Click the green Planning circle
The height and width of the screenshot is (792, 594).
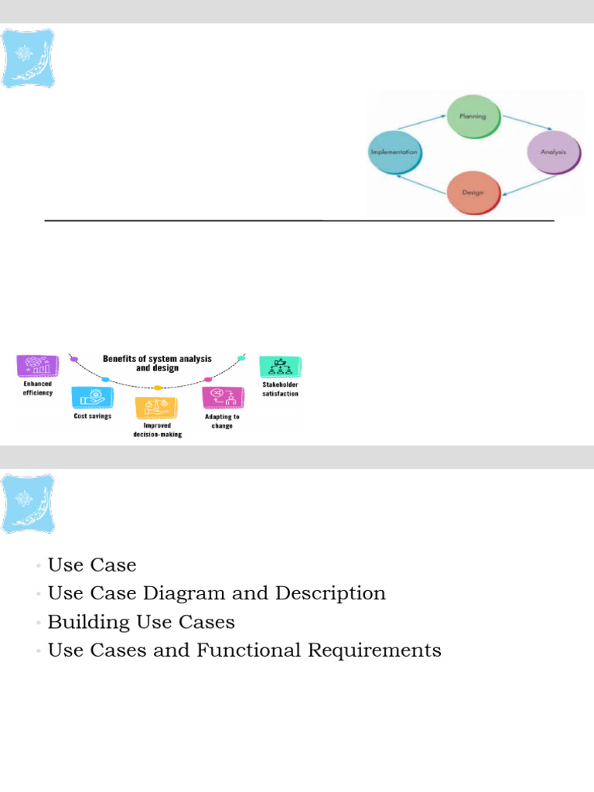pos(473,117)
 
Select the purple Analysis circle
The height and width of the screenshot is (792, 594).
pos(553,152)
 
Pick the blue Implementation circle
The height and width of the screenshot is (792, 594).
pos(394,152)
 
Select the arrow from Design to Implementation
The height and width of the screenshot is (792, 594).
pos(422,183)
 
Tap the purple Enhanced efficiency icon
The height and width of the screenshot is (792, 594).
pos(37,366)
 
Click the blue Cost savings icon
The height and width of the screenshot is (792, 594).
pos(92,398)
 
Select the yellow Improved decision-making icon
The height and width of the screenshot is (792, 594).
pos(156,408)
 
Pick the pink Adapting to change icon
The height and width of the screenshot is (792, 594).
pos(222,398)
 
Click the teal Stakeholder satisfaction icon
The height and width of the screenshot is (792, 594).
pos(279,367)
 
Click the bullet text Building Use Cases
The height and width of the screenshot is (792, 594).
pos(142,622)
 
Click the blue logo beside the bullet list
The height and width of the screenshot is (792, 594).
pos(29,503)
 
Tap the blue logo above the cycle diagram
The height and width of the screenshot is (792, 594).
pos(29,58)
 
